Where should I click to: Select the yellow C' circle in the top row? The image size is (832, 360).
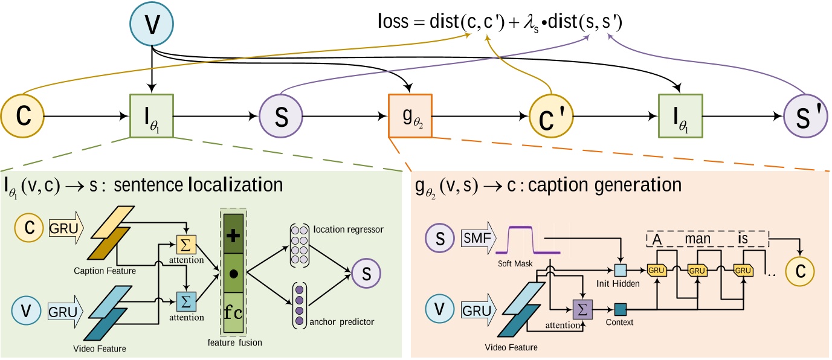point(551,117)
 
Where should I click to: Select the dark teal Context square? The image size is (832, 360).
point(621,309)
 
